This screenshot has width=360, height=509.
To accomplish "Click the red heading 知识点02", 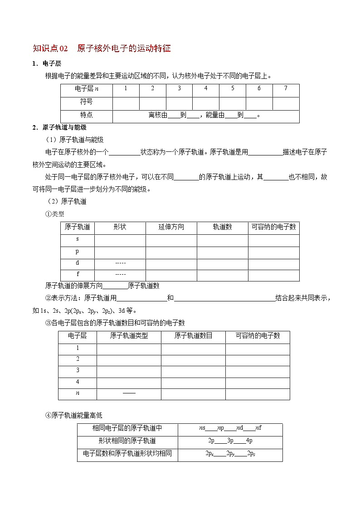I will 50,48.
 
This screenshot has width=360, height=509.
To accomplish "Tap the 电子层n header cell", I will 86,88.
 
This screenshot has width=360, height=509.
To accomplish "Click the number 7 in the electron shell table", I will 286,88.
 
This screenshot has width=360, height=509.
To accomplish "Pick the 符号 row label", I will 86,102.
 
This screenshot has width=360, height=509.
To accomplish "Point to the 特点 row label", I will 86,115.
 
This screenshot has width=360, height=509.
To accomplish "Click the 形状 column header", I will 120,227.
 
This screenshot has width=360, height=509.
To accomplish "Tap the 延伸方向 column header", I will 171,227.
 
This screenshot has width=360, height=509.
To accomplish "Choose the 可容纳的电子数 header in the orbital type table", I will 273,227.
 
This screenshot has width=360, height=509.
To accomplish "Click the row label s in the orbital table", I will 78,239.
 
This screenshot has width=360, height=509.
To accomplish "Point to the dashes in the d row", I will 120,263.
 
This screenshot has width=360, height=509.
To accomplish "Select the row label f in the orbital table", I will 78,274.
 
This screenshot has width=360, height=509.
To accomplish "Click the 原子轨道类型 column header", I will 129,336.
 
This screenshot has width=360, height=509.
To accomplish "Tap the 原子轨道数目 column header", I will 193,336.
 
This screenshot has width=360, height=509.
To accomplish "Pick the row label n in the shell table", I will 78,393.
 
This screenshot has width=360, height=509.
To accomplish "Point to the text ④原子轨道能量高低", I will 74,415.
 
